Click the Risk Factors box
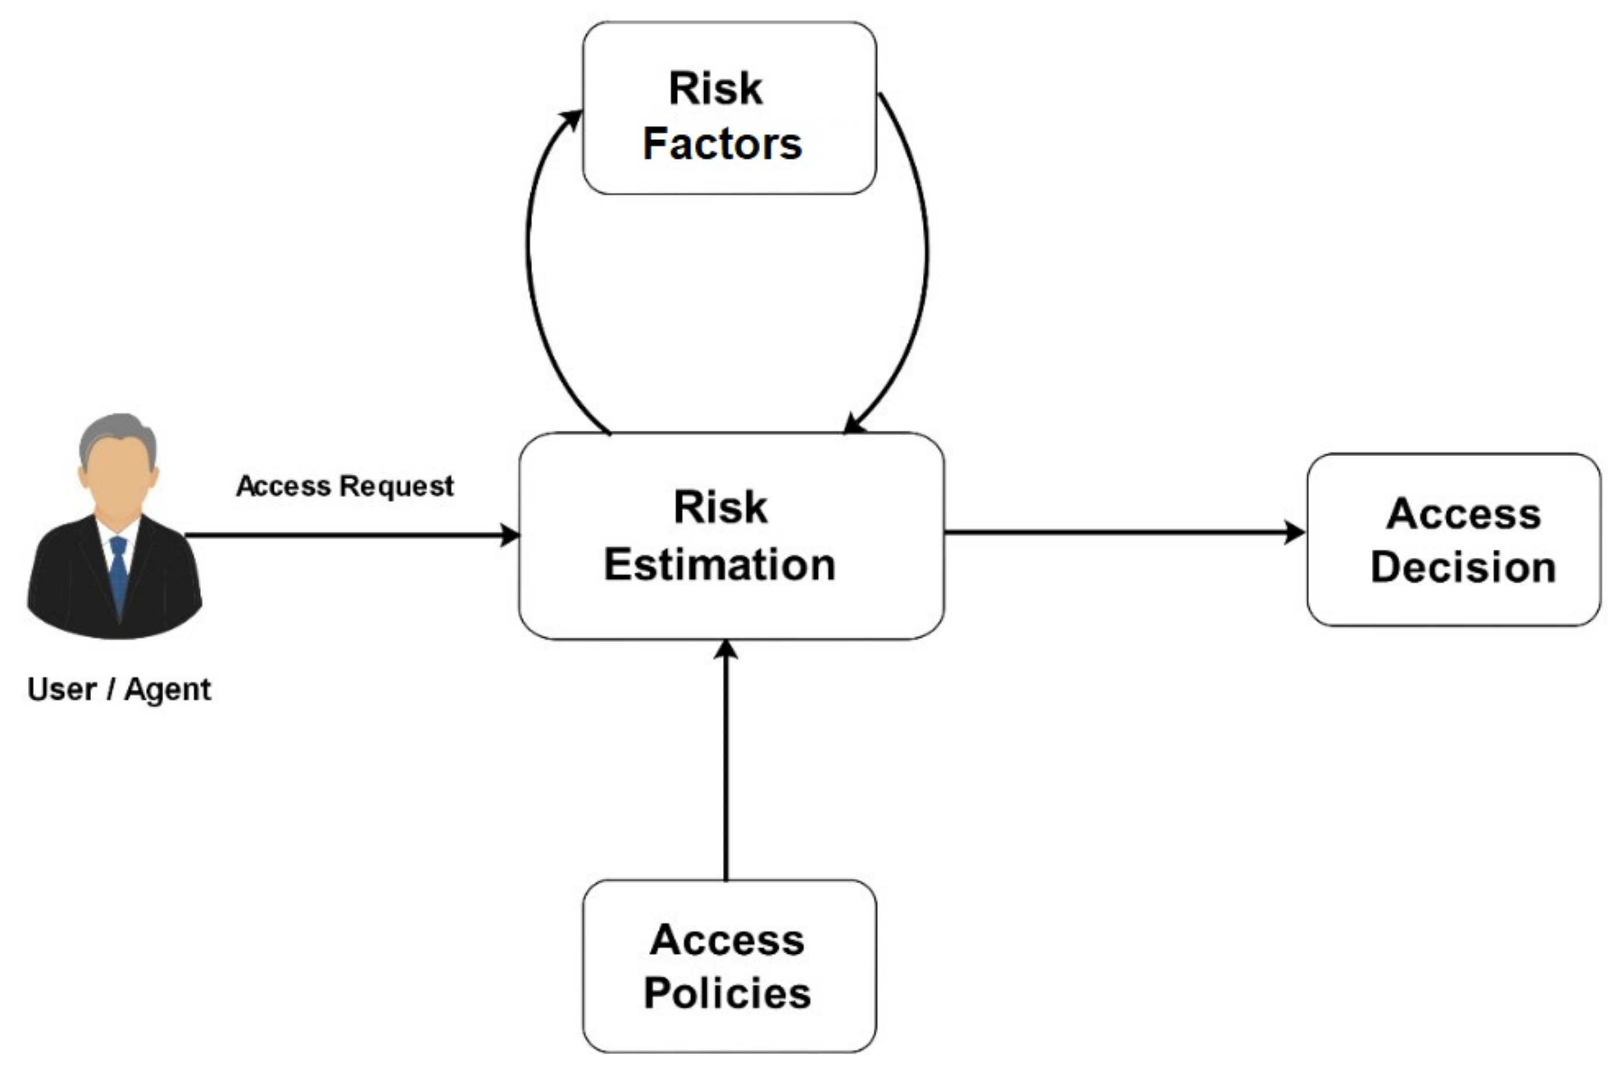(x=729, y=108)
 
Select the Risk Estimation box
(x=730, y=536)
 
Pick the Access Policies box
(x=729, y=966)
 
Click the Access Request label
(x=345, y=486)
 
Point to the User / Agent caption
(x=119, y=689)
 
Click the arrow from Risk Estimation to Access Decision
(x=1123, y=532)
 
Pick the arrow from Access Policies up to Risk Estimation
(x=726, y=760)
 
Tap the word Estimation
(x=719, y=565)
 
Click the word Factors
(x=722, y=144)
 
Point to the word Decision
(x=1463, y=567)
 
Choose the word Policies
(x=727, y=993)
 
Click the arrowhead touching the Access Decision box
(x=1294, y=532)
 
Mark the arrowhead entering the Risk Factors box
(x=572, y=120)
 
